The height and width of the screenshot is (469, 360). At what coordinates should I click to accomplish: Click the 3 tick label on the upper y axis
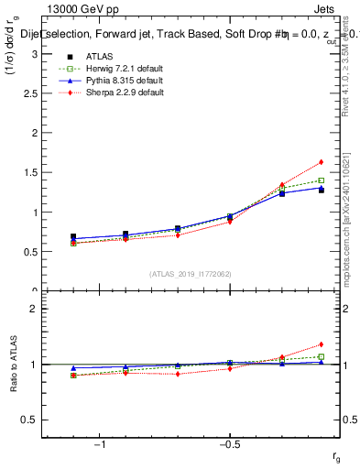pos(33,54)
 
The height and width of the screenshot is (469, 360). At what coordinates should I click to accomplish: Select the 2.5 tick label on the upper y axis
pos(29,93)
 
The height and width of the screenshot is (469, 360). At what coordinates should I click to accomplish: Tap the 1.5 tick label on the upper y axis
pos(29,172)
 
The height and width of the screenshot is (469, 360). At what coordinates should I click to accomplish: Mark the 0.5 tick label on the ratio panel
pos(29,420)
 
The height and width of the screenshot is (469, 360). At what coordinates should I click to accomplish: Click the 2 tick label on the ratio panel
pos(33,309)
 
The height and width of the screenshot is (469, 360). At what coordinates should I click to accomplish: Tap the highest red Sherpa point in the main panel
pos(321,162)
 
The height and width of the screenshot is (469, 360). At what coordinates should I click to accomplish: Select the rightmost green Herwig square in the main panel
pos(321,180)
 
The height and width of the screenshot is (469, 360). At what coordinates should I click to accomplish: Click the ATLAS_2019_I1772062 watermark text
pos(191,274)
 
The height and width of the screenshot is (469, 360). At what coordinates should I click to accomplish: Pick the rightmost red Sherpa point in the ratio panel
pos(321,344)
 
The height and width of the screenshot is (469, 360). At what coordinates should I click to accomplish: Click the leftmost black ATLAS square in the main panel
pos(73,236)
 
